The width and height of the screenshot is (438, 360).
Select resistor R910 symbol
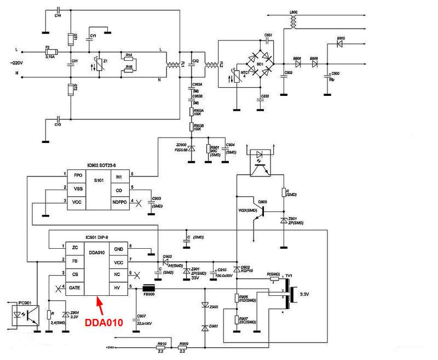coord(161,347)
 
